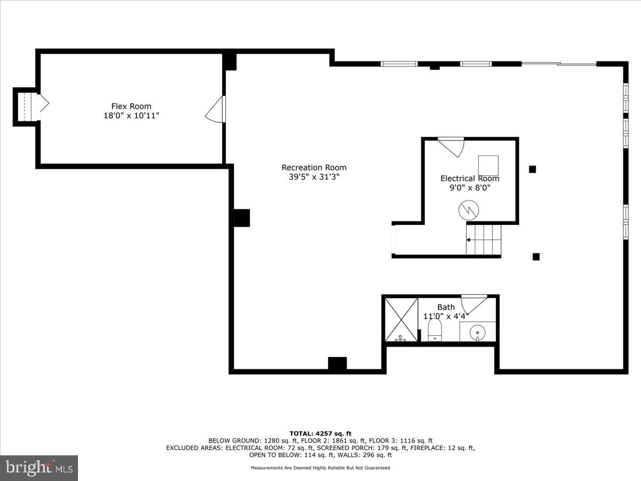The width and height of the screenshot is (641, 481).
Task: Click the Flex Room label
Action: (x=131, y=106)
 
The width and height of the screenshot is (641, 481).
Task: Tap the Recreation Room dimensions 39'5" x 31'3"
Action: (x=314, y=177)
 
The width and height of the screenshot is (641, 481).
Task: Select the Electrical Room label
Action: (x=470, y=179)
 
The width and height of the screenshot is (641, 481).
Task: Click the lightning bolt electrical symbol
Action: (x=468, y=210)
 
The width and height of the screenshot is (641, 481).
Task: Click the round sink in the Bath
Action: (x=476, y=333)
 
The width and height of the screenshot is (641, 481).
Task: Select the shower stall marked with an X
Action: (x=401, y=320)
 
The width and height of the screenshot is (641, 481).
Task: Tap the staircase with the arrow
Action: (x=484, y=240)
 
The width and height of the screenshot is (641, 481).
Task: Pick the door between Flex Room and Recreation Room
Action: (x=216, y=110)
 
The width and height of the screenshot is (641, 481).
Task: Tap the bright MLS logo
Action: (x=39, y=468)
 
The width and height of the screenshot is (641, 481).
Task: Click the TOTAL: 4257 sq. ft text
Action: (x=320, y=433)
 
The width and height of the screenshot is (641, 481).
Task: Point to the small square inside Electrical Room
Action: (x=488, y=165)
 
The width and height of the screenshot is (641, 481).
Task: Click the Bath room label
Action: (x=446, y=307)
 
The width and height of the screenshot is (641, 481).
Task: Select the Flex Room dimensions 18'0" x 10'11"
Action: (x=131, y=115)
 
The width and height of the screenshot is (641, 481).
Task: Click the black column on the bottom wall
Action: (x=337, y=364)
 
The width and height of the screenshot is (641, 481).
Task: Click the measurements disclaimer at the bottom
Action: (x=320, y=468)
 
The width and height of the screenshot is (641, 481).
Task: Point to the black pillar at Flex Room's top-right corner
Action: (x=230, y=61)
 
